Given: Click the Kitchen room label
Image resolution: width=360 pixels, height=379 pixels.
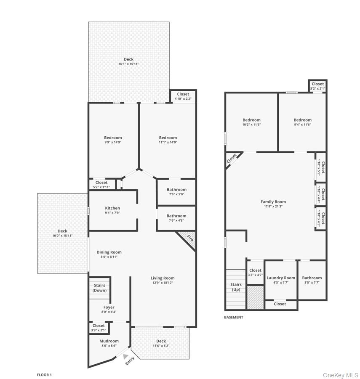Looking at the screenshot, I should [x=112, y=208].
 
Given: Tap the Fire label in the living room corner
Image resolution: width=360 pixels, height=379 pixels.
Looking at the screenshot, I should [x=190, y=238].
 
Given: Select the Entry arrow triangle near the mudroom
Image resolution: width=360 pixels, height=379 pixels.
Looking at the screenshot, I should [x=125, y=356].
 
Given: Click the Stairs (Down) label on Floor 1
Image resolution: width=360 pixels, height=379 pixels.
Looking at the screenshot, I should [x=100, y=288].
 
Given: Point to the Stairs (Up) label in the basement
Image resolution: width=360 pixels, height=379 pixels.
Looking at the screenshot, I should [x=236, y=287].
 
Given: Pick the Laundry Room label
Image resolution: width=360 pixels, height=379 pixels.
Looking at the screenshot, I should [x=281, y=278].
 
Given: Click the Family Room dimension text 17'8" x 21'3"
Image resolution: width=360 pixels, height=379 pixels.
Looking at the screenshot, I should [x=273, y=207].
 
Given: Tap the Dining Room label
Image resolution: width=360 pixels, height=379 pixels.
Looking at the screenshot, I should [x=109, y=252].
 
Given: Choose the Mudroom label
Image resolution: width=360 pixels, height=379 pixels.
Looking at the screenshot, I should [x=109, y=341].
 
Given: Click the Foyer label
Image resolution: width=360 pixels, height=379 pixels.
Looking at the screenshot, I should [x=109, y=307].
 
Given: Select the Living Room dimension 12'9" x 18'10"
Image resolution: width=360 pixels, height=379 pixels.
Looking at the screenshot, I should [x=163, y=283].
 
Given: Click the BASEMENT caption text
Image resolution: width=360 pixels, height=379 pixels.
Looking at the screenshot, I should [x=234, y=317].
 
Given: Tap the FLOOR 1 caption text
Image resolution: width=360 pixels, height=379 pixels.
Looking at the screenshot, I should [x=44, y=374].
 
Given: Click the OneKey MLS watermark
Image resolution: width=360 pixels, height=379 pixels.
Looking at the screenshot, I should [x=340, y=375].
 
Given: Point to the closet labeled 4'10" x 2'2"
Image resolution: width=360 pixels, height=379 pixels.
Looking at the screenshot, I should [x=183, y=96].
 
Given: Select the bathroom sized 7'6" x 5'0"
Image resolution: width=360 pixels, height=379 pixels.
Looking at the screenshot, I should [x=176, y=192].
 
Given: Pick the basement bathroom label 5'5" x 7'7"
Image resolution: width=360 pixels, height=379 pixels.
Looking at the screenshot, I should [x=312, y=280].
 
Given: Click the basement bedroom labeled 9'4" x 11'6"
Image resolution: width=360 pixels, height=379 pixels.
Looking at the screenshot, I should [x=302, y=122].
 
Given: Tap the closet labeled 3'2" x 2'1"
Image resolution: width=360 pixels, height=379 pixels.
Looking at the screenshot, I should [x=317, y=86].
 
